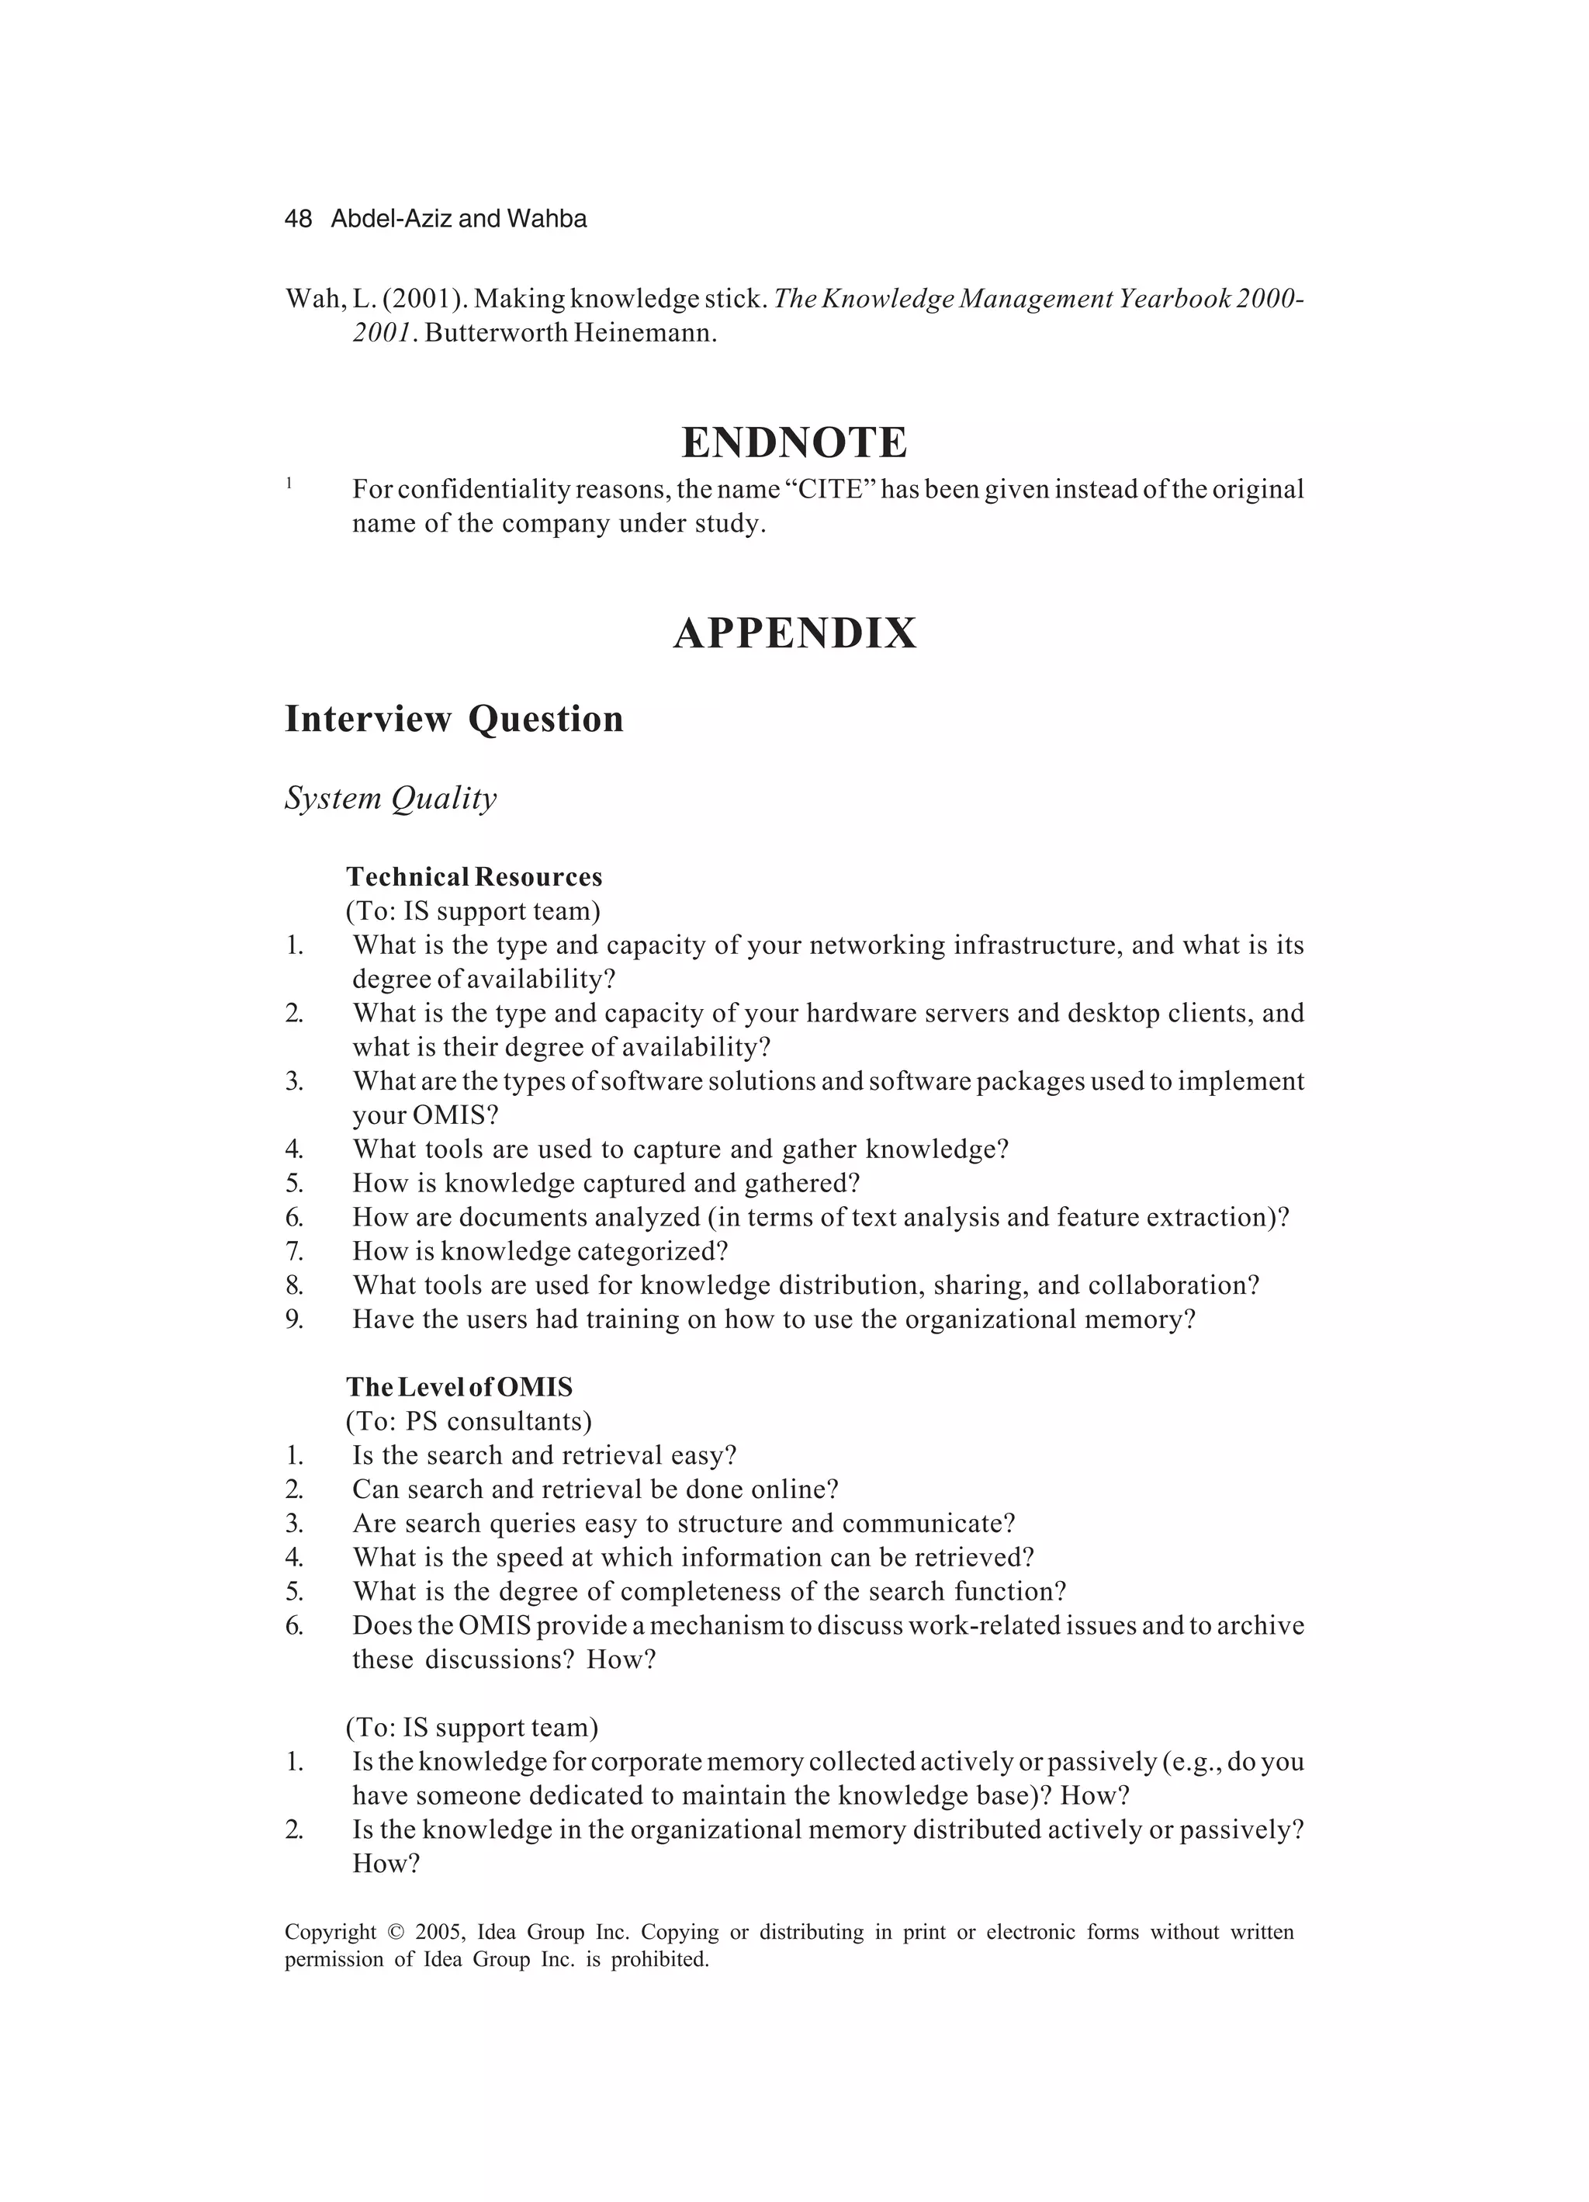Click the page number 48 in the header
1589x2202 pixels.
pos(298,220)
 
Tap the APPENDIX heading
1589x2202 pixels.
pos(794,633)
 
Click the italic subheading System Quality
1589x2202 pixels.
pos(390,797)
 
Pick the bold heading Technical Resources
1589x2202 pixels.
pos(474,877)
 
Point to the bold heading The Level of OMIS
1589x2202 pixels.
pos(459,1386)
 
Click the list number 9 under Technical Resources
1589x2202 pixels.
pos(294,1319)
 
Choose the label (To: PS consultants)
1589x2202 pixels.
pos(468,1421)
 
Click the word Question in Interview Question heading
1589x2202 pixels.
pos(545,720)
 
